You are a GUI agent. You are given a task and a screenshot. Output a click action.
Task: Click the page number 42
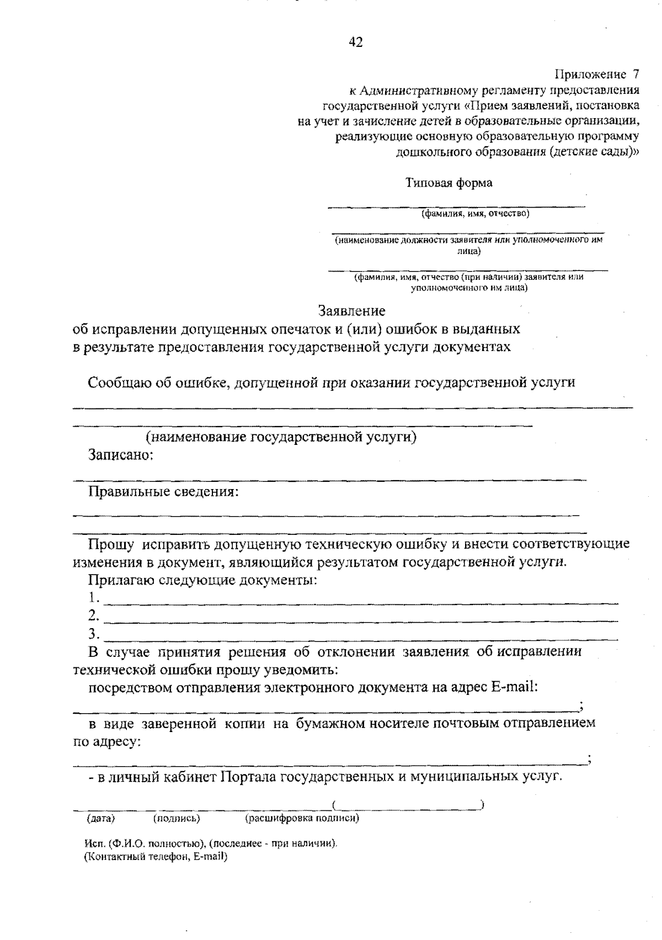356,43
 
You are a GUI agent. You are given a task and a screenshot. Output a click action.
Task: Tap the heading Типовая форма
449,183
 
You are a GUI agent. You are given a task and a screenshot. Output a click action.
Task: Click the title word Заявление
351,311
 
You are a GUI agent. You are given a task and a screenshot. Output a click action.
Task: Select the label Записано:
121,455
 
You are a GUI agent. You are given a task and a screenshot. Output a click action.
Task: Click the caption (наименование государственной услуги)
281,437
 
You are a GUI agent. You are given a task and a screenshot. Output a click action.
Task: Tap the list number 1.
94,598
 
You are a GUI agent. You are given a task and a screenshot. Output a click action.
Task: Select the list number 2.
94,615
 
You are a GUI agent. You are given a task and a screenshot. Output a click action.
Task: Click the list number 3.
94,633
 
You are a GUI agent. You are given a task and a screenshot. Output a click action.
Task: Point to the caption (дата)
100,818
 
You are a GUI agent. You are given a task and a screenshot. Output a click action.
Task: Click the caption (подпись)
177,818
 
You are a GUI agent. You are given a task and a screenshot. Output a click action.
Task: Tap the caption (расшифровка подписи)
302,818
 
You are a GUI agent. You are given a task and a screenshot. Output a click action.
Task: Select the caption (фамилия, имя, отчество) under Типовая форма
475,214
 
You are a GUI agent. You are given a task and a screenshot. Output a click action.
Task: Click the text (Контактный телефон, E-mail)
156,857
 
